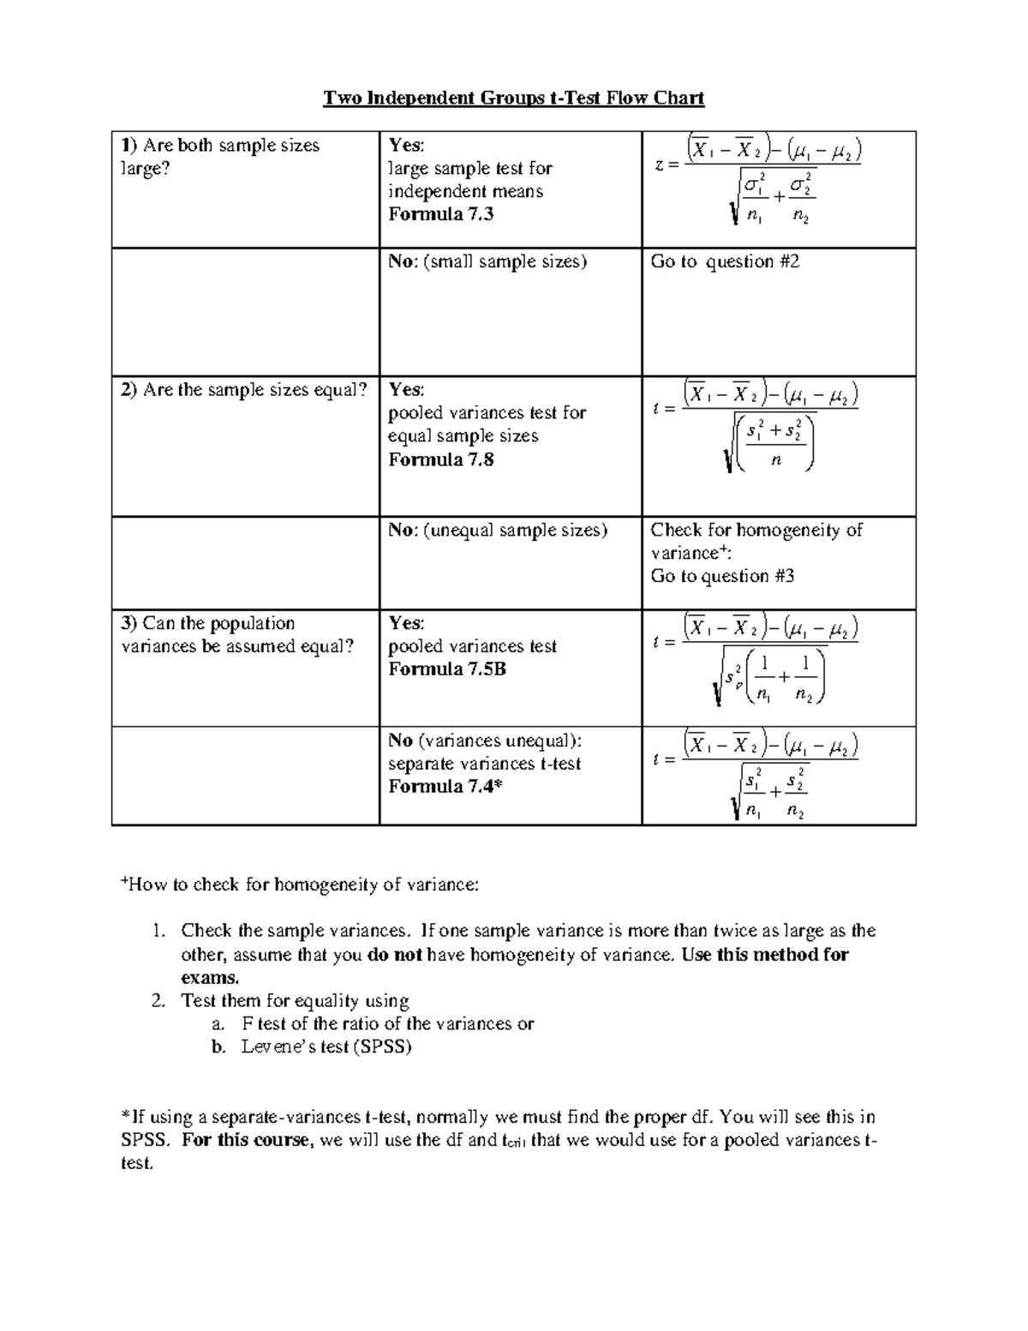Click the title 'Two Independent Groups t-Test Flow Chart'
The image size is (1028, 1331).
point(513,98)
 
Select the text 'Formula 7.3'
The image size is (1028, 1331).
point(440,214)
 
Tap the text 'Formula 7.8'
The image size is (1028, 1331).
point(440,459)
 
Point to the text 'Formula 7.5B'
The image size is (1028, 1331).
point(446,669)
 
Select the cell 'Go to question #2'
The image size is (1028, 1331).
point(725,261)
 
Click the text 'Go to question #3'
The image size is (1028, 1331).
point(722,576)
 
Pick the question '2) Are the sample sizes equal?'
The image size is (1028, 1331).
point(244,390)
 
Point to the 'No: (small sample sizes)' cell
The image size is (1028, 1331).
point(487,261)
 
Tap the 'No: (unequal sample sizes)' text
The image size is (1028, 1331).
point(498,531)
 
